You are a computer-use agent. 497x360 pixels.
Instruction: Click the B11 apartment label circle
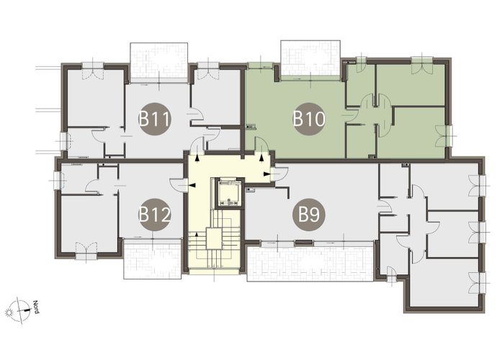pyautogui.click(x=155, y=119)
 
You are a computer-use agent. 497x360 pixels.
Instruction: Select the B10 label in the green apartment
pyautogui.click(x=309, y=119)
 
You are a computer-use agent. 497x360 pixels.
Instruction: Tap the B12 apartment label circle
pyautogui.click(x=155, y=215)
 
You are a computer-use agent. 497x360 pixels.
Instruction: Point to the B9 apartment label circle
pyautogui.click(x=309, y=215)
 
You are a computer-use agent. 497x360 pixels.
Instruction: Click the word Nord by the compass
pyautogui.click(x=36, y=307)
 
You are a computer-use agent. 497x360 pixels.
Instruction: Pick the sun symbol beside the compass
pyautogui.click(x=9, y=312)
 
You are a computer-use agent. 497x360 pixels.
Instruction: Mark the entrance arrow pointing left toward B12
pyautogui.click(x=192, y=184)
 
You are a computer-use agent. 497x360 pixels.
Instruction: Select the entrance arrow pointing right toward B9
pyautogui.click(x=267, y=174)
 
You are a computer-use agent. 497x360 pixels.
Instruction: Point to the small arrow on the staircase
pyautogui.click(x=197, y=235)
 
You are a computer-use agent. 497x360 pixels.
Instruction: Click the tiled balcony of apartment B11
pyautogui.click(x=158, y=63)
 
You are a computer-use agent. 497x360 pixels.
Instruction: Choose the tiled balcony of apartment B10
pyautogui.click(x=310, y=60)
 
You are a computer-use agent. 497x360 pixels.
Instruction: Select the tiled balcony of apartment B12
pyautogui.click(x=153, y=258)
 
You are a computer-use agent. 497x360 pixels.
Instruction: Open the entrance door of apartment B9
pyautogui.click(x=279, y=174)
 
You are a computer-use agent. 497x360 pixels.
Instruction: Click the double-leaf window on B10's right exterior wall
pyautogui.click(x=444, y=135)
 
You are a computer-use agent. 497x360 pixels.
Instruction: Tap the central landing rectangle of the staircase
pyautogui.click(x=214, y=238)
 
